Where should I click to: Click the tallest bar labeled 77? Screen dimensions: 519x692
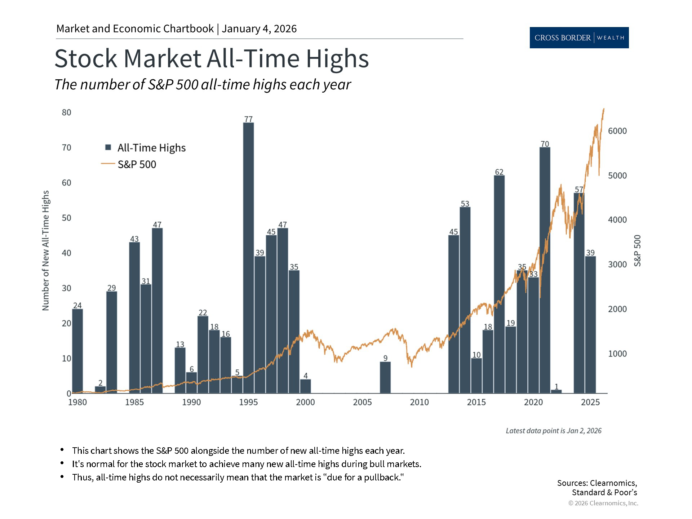(x=248, y=258)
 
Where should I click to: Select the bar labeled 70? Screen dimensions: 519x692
(x=545, y=270)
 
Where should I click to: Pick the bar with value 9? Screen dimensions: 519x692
(x=385, y=377)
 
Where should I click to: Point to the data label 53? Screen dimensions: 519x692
(x=465, y=204)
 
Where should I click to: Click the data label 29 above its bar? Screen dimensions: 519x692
(x=111, y=288)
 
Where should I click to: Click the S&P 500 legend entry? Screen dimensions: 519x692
(x=137, y=164)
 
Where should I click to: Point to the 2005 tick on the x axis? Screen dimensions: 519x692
(x=362, y=402)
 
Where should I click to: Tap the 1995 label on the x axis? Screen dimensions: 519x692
(x=248, y=402)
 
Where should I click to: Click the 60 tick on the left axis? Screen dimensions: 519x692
(x=66, y=183)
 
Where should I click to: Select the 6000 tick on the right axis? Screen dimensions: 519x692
(x=617, y=131)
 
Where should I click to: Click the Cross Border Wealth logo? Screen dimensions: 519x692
(x=579, y=37)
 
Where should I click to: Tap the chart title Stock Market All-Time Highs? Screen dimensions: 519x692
(x=212, y=58)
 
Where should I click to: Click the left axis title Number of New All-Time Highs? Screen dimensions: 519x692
(x=45, y=250)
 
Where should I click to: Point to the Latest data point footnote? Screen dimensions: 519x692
(x=553, y=431)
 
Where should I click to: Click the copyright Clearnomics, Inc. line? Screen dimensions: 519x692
(x=603, y=503)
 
